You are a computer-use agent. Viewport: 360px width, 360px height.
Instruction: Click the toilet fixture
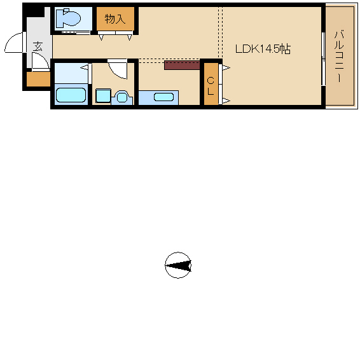pyautogui.click(x=68, y=17)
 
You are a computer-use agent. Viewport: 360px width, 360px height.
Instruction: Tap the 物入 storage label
pyautogui.click(x=115, y=19)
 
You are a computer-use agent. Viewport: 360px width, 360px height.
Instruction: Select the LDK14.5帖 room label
pyautogui.click(x=263, y=49)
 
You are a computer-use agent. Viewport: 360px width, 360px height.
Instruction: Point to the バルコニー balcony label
pyautogui.click(x=339, y=56)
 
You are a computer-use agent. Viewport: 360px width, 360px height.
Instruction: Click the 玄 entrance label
pyautogui.click(x=38, y=46)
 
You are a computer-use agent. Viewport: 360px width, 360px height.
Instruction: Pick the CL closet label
pyautogui.click(x=211, y=86)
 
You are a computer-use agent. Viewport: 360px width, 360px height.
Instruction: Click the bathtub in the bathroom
pyautogui.click(x=71, y=95)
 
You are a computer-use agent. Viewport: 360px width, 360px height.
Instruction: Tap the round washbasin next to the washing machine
pyautogui.click(x=121, y=97)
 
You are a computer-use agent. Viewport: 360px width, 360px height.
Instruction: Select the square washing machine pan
pyautogui.click(x=103, y=95)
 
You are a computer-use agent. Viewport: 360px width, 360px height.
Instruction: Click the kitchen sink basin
pyautogui.click(x=163, y=97)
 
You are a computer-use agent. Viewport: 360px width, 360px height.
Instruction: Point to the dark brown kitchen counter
pyautogui.click(x=182, y=66)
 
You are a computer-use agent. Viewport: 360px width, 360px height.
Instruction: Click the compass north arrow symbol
pyautogui.click(x=178, y=265)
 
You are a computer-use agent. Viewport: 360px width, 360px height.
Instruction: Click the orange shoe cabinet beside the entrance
pyautogui.click(x=38, y=80)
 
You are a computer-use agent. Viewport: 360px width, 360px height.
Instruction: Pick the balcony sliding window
pyautogui.click(x=323, y=59)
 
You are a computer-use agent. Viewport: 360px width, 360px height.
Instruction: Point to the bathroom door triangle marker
pyautogui.click(x=84, y=67)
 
